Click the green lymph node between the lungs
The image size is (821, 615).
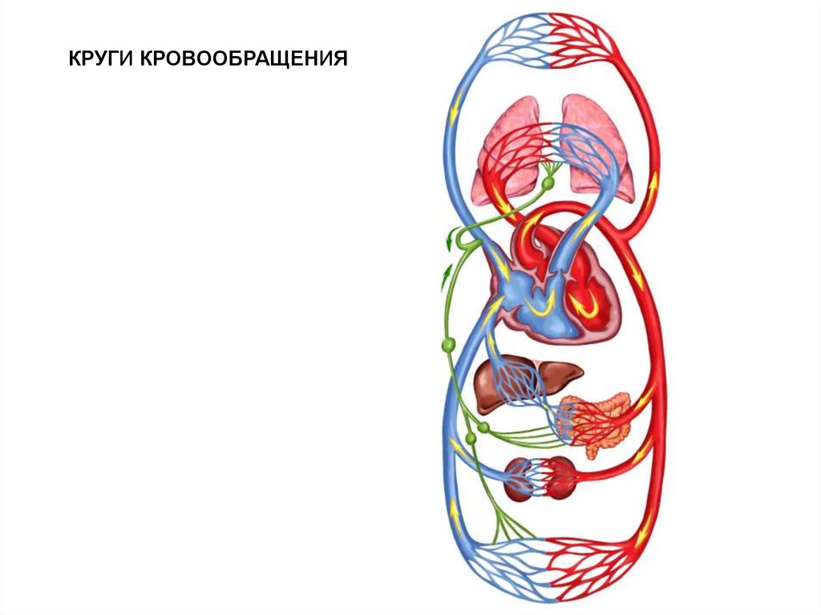click(548, 184)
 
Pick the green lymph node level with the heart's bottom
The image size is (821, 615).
click(448, 345)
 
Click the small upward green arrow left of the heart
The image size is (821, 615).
click(447, 277)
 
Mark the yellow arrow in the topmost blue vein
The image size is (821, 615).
click(454, 112)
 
